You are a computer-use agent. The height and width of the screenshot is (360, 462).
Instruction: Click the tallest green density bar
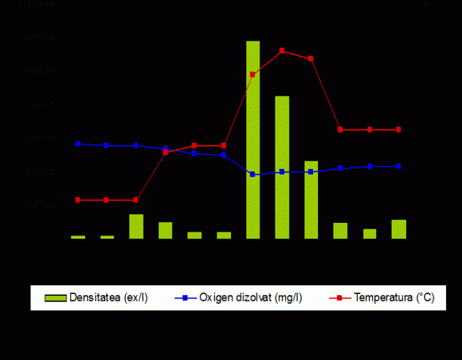(x=253, y=140)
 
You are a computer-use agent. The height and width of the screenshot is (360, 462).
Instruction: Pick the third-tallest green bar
(x=311, y=199)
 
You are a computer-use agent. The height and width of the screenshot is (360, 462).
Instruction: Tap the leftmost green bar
(x=78, y=237)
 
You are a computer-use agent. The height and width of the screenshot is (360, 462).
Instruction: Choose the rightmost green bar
(x=399, y=229)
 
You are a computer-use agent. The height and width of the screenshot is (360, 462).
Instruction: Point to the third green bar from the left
(x=136, y=226)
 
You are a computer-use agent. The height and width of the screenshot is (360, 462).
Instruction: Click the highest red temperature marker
(x=282, y=51)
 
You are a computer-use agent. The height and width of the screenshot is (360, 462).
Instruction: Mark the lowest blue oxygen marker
(x=253, y=174)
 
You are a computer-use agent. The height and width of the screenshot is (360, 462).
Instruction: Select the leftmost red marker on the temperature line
(x=78, y=200)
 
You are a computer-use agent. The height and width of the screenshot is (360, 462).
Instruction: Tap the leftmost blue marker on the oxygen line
(x=78, y=143)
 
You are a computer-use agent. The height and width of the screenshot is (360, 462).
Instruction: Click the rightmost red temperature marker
(x=399, y=130)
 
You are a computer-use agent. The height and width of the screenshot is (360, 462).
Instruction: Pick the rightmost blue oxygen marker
(x=399, y=166)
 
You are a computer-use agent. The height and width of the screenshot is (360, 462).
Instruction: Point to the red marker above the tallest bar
(x=253, y=74)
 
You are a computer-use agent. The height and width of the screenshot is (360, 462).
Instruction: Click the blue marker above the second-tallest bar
(x=282, y=171)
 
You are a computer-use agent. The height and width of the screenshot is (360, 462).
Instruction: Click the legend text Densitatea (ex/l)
(x=109, y=297)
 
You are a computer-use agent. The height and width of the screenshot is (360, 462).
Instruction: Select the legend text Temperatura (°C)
(x=394, y=297)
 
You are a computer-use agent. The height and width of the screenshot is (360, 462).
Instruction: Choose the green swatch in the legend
(x=55, y=298)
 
